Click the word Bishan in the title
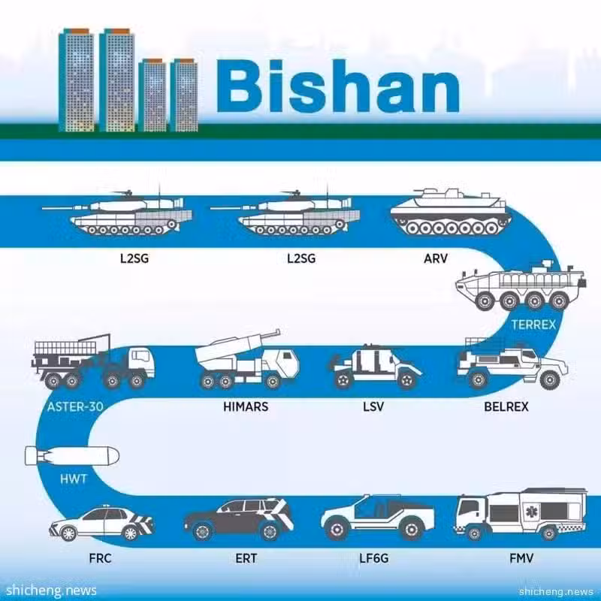(338, 86)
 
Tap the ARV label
(436, 258)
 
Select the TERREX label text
(533, 325)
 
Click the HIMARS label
(246, 406)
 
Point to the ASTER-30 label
(75, 406)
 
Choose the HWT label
(73, 479)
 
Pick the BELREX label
(506, 406)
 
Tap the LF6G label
(373, 558)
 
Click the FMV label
(521, 558)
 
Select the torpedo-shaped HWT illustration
(72, 456)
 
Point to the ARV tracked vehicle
(451, 212)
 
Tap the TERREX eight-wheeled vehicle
(521, 285)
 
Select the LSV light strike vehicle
(376, 367)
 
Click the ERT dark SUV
(238, 519)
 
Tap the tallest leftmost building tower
(77, 80)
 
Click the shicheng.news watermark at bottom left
(51, 590)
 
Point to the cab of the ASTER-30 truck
(140, 362)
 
